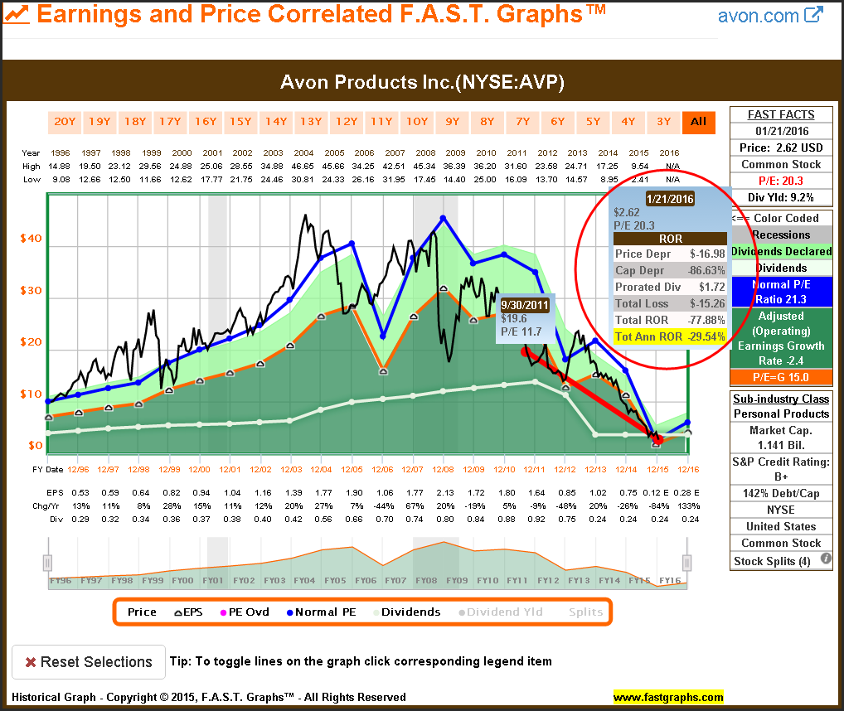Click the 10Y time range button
[x=417, y=122]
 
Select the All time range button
[x=699, y=122]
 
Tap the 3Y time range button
[x=663, y=122]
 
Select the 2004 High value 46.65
[x=303, y=167]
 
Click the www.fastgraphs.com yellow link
[x=668, y=697]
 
